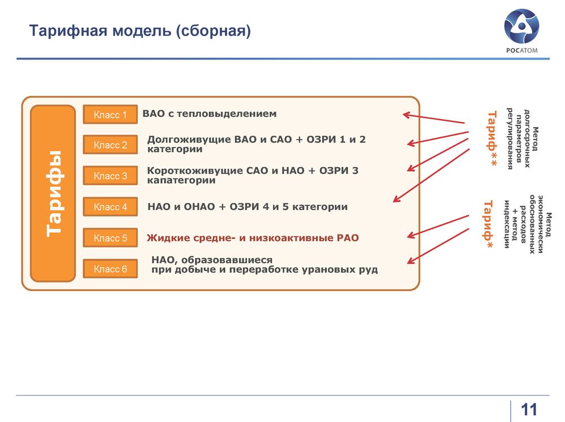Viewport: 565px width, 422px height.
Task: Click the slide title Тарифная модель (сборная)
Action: point(140,31)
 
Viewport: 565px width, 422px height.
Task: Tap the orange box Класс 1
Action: point(110,115)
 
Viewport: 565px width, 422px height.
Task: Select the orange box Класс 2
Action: point(110,145)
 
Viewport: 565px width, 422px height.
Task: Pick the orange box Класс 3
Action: point(110,176)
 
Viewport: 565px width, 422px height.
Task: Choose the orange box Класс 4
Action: point(110,207)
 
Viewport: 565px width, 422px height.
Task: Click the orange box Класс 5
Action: point(110,238)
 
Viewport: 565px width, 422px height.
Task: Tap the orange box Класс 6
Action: point(110,269)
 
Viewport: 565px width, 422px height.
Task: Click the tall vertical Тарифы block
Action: point(53,194)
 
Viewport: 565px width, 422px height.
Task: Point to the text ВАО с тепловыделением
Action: point(210,114)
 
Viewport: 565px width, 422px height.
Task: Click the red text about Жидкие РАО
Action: point(253,238)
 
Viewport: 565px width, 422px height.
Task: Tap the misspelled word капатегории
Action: point(181,180)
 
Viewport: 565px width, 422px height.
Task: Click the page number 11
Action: point(529,410)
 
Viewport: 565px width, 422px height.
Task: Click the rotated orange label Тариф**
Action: point(492,138)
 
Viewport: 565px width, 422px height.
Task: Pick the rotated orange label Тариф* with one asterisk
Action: point(488,225)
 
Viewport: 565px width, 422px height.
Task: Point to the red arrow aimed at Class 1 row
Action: point(433,119)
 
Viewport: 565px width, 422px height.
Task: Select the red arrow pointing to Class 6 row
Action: point(438,246)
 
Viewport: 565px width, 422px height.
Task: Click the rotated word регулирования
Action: point(510,138)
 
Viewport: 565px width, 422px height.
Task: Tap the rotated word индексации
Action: point(507,224)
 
